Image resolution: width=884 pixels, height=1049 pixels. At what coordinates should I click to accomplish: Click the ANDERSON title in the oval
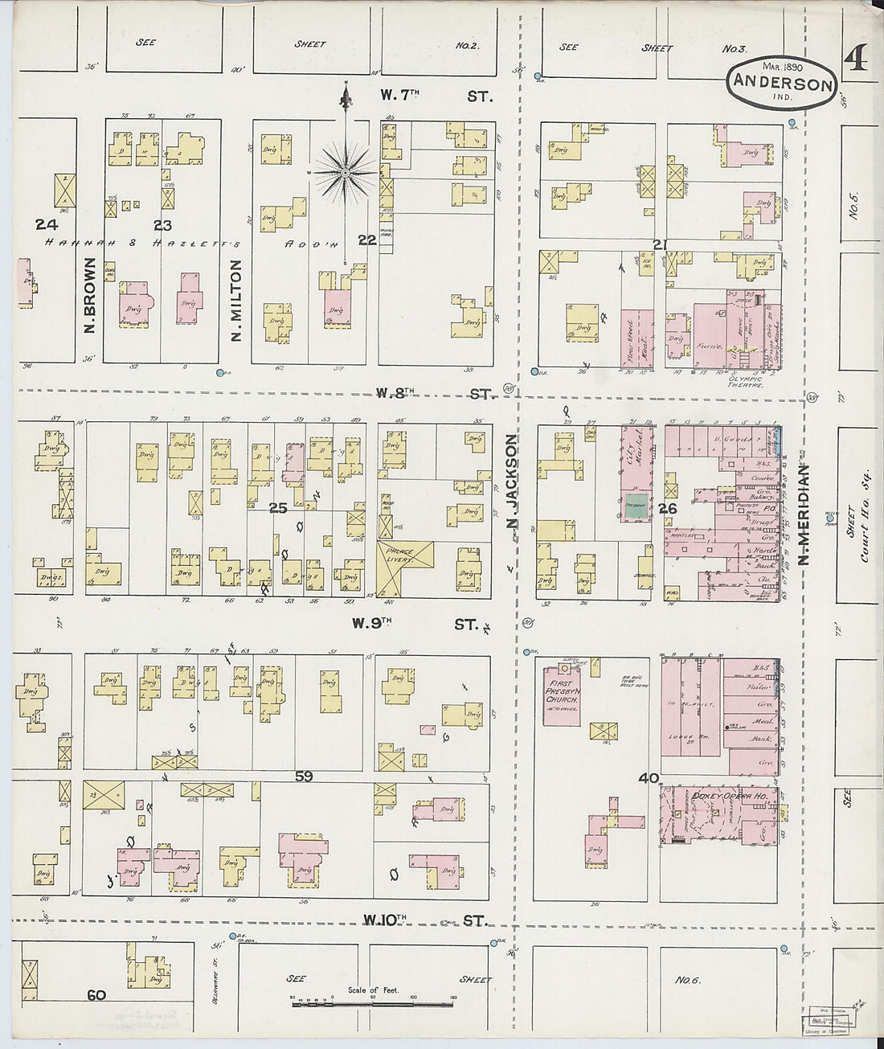(782, 83)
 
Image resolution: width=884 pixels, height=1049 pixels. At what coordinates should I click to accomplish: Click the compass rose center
(346, 172)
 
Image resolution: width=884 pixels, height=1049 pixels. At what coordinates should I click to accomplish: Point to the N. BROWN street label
(89, 296)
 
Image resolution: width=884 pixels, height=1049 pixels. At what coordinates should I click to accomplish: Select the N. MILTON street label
(236, 299)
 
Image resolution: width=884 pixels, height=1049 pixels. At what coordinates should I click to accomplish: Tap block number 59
(303, 777)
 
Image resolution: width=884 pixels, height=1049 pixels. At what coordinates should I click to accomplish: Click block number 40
(649, 777)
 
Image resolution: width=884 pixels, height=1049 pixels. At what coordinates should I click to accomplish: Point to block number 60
(96, 995)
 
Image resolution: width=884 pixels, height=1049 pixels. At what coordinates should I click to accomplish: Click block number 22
(367, 239)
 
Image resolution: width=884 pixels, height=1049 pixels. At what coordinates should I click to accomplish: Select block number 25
(278, 508)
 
